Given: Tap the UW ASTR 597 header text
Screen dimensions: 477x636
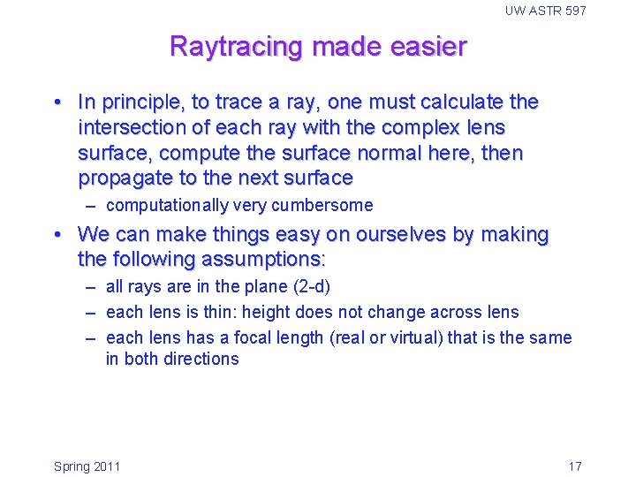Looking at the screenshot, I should [x=545, y=11].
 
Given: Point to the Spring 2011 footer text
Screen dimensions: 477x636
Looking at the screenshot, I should [x=87, y=466].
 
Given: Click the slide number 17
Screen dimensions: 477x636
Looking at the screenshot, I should [x=574, y=466].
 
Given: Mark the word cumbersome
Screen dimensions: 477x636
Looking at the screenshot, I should [x=326, y=206].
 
